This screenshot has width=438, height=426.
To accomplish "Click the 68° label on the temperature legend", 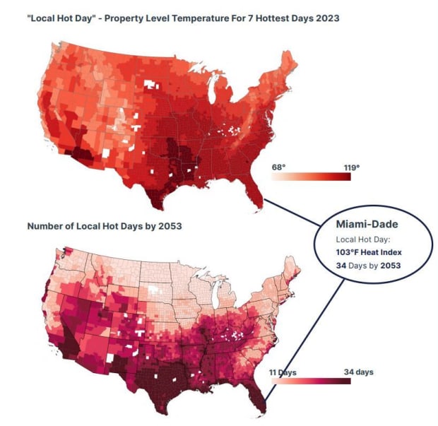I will pos(279,167).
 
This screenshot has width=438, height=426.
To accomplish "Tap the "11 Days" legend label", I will pos(283,372).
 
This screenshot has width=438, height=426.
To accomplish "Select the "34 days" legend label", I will pos(359,372).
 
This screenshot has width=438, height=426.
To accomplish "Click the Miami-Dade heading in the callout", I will pos(366,224).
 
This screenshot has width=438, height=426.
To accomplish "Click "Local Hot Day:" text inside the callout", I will pos(359,238).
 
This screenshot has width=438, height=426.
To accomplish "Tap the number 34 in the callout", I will pos(343,265).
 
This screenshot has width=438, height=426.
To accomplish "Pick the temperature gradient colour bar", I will pos(312,177).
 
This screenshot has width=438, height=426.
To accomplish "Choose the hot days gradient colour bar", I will pos(312,381).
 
